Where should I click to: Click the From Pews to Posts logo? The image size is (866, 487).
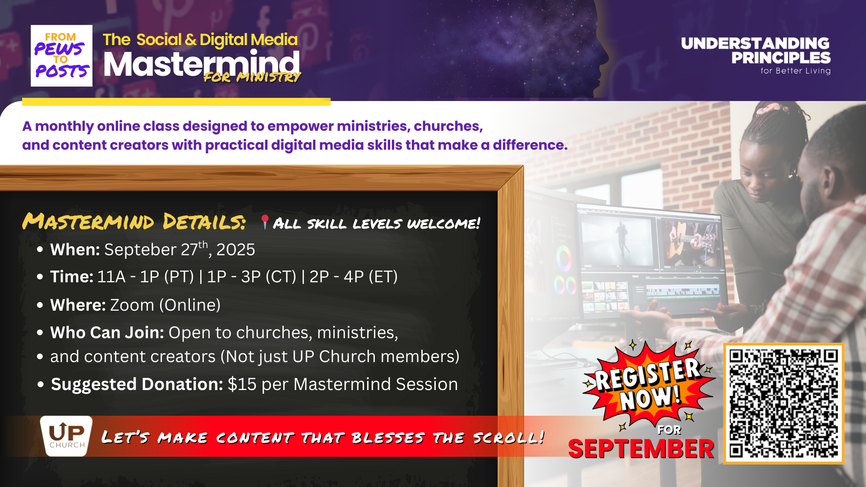61,55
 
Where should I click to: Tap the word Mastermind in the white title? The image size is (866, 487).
201,64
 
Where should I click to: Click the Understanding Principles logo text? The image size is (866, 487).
755,51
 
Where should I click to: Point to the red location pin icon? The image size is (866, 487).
265,222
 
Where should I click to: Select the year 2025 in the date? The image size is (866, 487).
235,250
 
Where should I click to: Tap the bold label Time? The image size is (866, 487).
72,276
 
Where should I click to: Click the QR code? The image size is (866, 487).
783,404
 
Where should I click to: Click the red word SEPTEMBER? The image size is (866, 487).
641,449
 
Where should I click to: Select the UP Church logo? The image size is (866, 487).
66,436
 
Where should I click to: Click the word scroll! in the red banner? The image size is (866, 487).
508,437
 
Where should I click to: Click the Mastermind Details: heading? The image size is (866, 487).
134,221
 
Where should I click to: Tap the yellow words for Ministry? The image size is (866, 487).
252,77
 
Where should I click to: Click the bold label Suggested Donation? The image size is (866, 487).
137,384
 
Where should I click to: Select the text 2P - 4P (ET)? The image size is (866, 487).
354,276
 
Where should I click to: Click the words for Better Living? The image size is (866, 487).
795,71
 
